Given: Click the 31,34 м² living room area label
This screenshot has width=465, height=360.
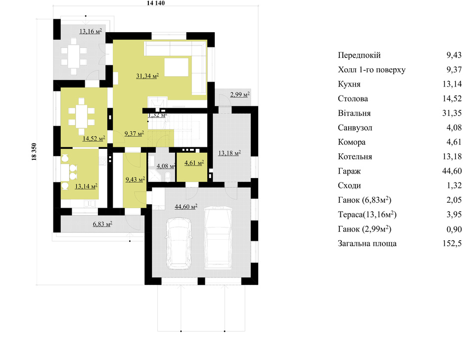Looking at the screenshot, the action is click(x=147, y=76).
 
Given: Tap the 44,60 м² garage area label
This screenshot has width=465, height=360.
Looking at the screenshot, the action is click(x=186, y=206).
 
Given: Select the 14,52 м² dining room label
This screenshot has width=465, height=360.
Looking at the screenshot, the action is click(x=93, y=138).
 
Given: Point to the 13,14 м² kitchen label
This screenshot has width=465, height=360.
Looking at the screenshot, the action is click(x=86, y=186).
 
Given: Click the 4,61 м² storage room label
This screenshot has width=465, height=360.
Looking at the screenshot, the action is click(x=194, y=163).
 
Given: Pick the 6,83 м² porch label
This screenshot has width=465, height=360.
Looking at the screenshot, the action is click(x=102, y=224).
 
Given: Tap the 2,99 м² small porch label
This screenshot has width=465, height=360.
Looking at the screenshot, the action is click(x=239, y=94).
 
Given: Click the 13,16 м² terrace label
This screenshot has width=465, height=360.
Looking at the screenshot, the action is click(x=91, y=31).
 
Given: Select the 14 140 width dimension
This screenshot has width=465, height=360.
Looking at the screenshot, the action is click(x=156, y=3).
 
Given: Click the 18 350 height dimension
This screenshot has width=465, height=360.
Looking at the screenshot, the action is click(x=34, y=152).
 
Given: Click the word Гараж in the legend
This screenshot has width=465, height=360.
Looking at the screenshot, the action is click(x=349, y=172).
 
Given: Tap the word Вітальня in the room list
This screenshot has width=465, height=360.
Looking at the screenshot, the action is click(x=354, y=113).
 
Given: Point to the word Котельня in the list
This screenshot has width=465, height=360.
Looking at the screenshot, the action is click(x=355, y=157).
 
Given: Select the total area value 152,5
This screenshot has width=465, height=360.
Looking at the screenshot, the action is click(x=452, y=244).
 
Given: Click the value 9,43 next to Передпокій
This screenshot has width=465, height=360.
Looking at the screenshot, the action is click(x=454, y=55).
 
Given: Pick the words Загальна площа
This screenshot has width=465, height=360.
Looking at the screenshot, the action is click(x=367, y=244).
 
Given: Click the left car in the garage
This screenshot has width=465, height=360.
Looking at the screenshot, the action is click(x=178, y=243).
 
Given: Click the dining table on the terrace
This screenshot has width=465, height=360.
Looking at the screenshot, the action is click(x=74, y=56).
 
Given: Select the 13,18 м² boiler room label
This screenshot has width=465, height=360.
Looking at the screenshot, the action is click(x=229, y=153).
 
